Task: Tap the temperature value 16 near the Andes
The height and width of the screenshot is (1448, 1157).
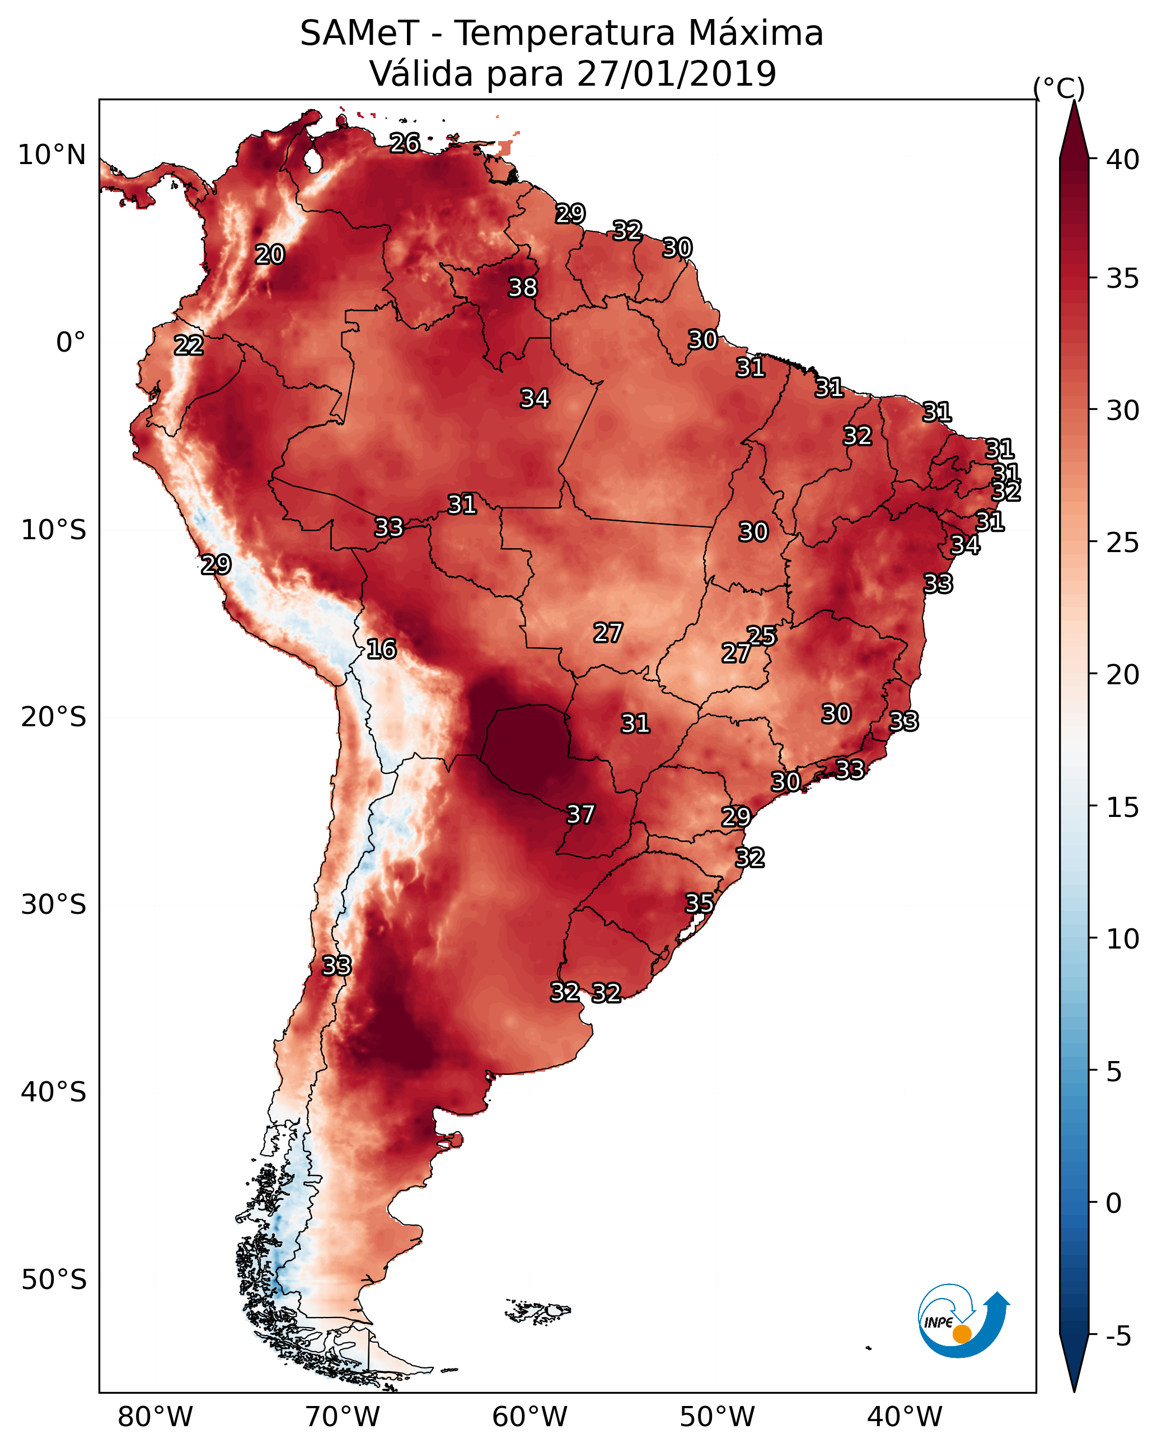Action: [381, 649]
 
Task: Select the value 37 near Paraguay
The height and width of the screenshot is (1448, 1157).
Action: [581, 814]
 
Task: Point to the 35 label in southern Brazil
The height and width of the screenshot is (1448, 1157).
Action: [699, 903]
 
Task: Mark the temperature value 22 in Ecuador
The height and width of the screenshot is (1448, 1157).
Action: [189, 345]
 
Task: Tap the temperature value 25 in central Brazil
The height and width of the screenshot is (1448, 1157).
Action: [761, 636]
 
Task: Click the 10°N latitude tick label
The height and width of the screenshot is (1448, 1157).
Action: [51, 155]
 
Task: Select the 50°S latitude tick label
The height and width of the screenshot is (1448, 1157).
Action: [54, 1280]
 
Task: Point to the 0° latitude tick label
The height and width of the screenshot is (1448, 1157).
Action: [71, 343]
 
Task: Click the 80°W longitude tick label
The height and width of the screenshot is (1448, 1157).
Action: [155, 1417]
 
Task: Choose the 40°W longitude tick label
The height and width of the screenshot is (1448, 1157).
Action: [905, 1417]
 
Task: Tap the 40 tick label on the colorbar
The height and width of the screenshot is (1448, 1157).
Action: [1123, 160]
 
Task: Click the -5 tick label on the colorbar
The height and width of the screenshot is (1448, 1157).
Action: [1119, 1337]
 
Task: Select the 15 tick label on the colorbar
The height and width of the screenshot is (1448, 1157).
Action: [1123, 807]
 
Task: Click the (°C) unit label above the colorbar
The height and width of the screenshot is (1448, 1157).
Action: [1059, 88]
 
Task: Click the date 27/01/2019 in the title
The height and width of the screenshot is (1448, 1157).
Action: [676, 73]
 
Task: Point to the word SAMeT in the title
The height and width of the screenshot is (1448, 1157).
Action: [359, 33]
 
